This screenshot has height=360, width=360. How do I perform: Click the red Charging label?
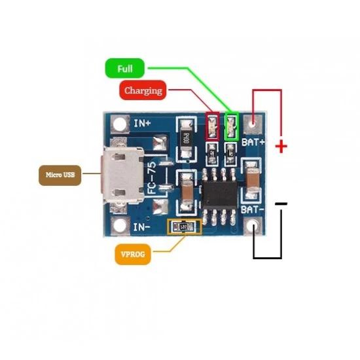[143, 90]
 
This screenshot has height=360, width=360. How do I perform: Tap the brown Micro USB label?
[59, 175]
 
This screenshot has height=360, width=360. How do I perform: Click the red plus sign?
[281, 146]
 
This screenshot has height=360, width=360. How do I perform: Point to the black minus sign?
[281, 204]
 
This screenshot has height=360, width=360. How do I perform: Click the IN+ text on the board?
[142, 122]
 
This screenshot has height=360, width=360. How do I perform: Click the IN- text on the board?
[142, 228]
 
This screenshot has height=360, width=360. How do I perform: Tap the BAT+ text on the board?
[253, 141]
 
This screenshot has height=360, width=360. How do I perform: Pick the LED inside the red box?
[213, 126]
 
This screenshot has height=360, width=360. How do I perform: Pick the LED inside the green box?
[231, 126]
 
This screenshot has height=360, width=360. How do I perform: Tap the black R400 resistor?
[187, 138]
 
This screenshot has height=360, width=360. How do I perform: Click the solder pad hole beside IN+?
[119, 122]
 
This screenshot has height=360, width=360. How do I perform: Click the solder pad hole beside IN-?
[119, 226]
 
